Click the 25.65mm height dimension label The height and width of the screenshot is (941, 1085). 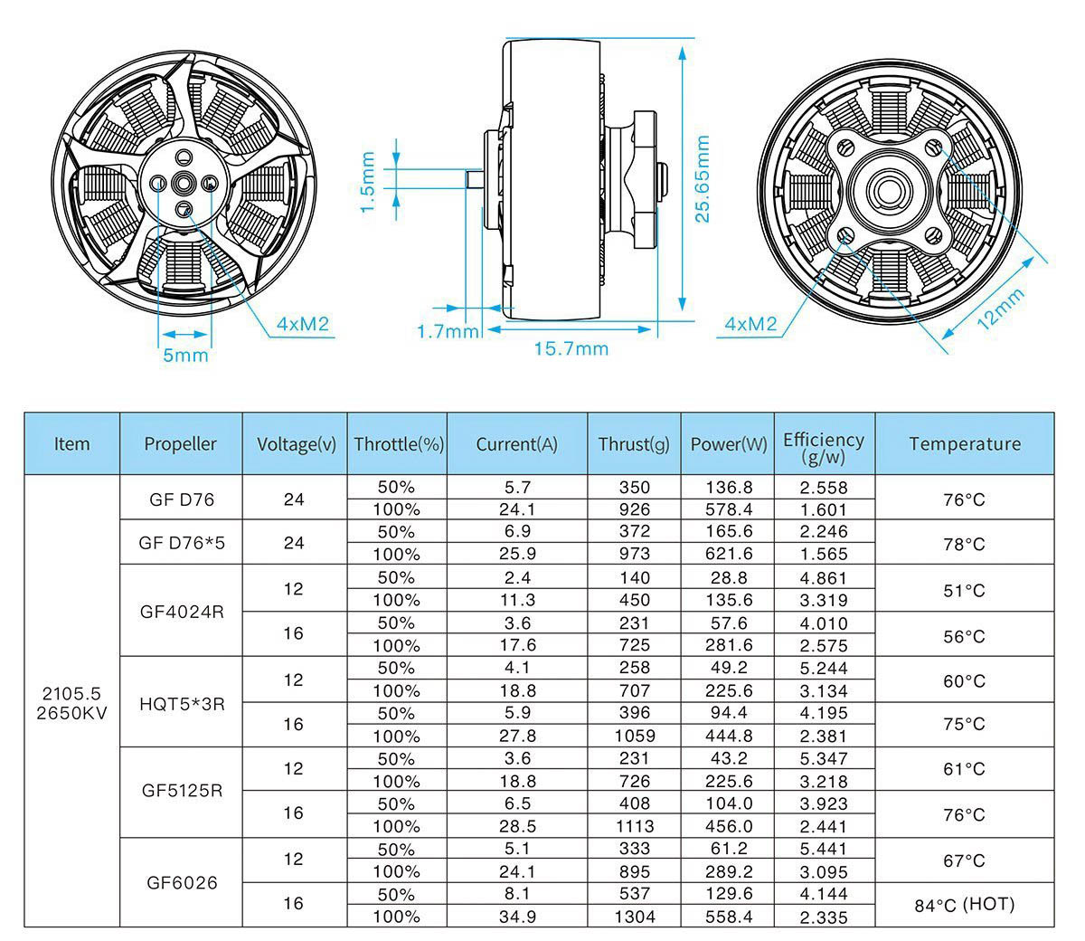pos(703,179)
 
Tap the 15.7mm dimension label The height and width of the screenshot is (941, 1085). pos(571,349)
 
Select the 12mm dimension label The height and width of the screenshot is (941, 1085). pos(1001,309)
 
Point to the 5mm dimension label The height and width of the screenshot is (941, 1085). pos(185,356)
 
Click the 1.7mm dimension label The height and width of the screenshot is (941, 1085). pos(448,331)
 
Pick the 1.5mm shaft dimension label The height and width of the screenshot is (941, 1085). pos(367,182)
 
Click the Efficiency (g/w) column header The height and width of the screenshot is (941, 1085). pos(824,448)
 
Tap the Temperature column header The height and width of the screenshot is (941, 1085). pos(965,444)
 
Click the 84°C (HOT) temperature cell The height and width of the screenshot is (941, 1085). pos(964,905)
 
